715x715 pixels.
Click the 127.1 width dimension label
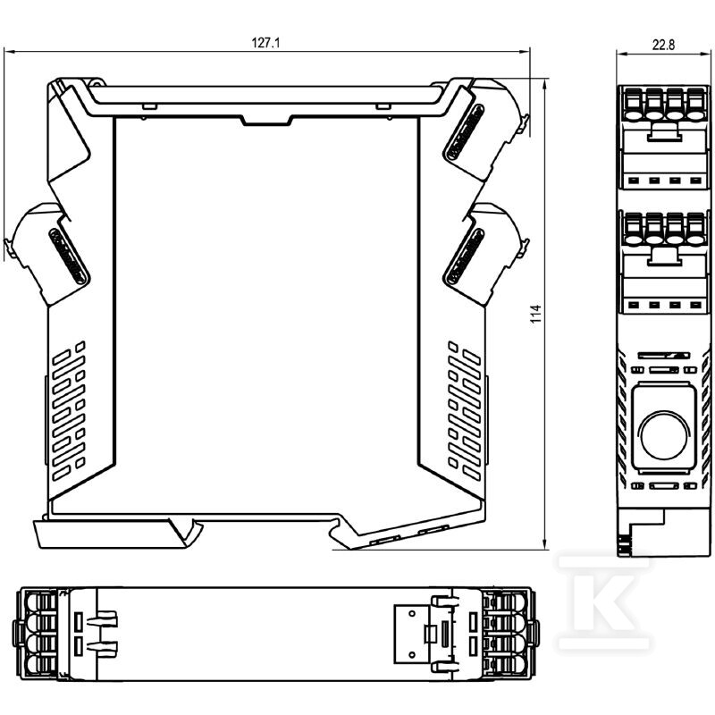(x=265, y=43)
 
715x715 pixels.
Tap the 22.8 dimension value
(x=663, y=46)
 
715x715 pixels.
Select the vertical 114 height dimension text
(x=535, y=315)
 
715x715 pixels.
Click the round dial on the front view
(x=664, y=434)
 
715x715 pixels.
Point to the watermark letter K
(x=603, y=601)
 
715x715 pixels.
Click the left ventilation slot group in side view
(x=69, y=410)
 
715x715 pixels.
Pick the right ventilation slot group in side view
(x=465, y=410)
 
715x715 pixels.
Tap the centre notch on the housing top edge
(x=266, y=121)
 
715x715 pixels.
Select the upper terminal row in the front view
(x=664, y=104)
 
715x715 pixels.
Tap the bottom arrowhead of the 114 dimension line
(x=545, y=545)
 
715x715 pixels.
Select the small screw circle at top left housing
(x=96, y=83)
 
